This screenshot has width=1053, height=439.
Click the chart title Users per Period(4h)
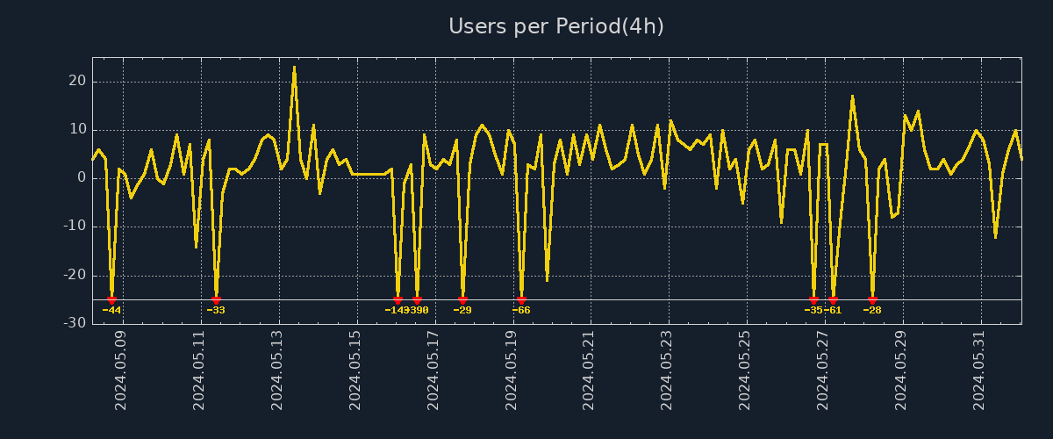pyautogui.click(x=556, y=26)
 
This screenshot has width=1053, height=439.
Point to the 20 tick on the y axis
pyautogui.click(x=77, y=82)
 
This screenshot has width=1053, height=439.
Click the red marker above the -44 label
pyautogui.click(x=111, y=300)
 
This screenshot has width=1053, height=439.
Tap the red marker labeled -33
pyautogui.click(x=216, y=300)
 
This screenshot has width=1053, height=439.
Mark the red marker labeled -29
pyautogui.click(x=462, y=300)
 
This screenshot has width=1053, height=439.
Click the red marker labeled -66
pyautogui.click(x=521, y=300)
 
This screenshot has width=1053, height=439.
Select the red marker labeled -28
pyautogui.click(x=872, y=300)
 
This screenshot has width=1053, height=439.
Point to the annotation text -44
pyautogui.click(x=111, y=310)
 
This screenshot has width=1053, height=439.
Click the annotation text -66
pyautogui.click(x=521, y=310)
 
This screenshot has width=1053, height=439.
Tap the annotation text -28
pyautogui.click(x=872, y=310)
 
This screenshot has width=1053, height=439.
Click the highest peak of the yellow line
pyautogui.click(x=294, y=67)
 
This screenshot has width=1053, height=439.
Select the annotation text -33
pyautogui.click(x=216, y=310)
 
